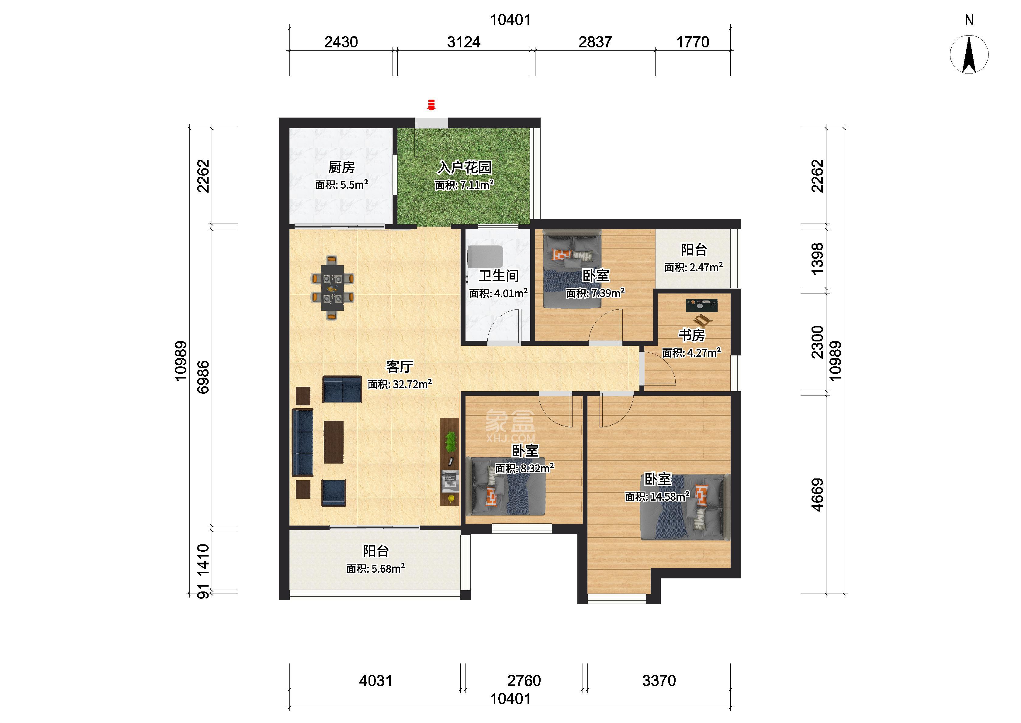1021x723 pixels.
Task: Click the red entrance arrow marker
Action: (431, 105)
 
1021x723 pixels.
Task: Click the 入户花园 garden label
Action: (464, 167)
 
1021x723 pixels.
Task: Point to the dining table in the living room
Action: (333, 288)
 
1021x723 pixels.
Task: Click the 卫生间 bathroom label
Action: (498, 276)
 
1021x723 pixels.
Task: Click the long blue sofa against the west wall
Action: (303, 443)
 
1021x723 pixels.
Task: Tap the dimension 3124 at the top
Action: (464, 42)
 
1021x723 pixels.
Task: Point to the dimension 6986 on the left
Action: (203, 377)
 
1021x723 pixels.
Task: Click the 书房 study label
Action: (691, 335)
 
